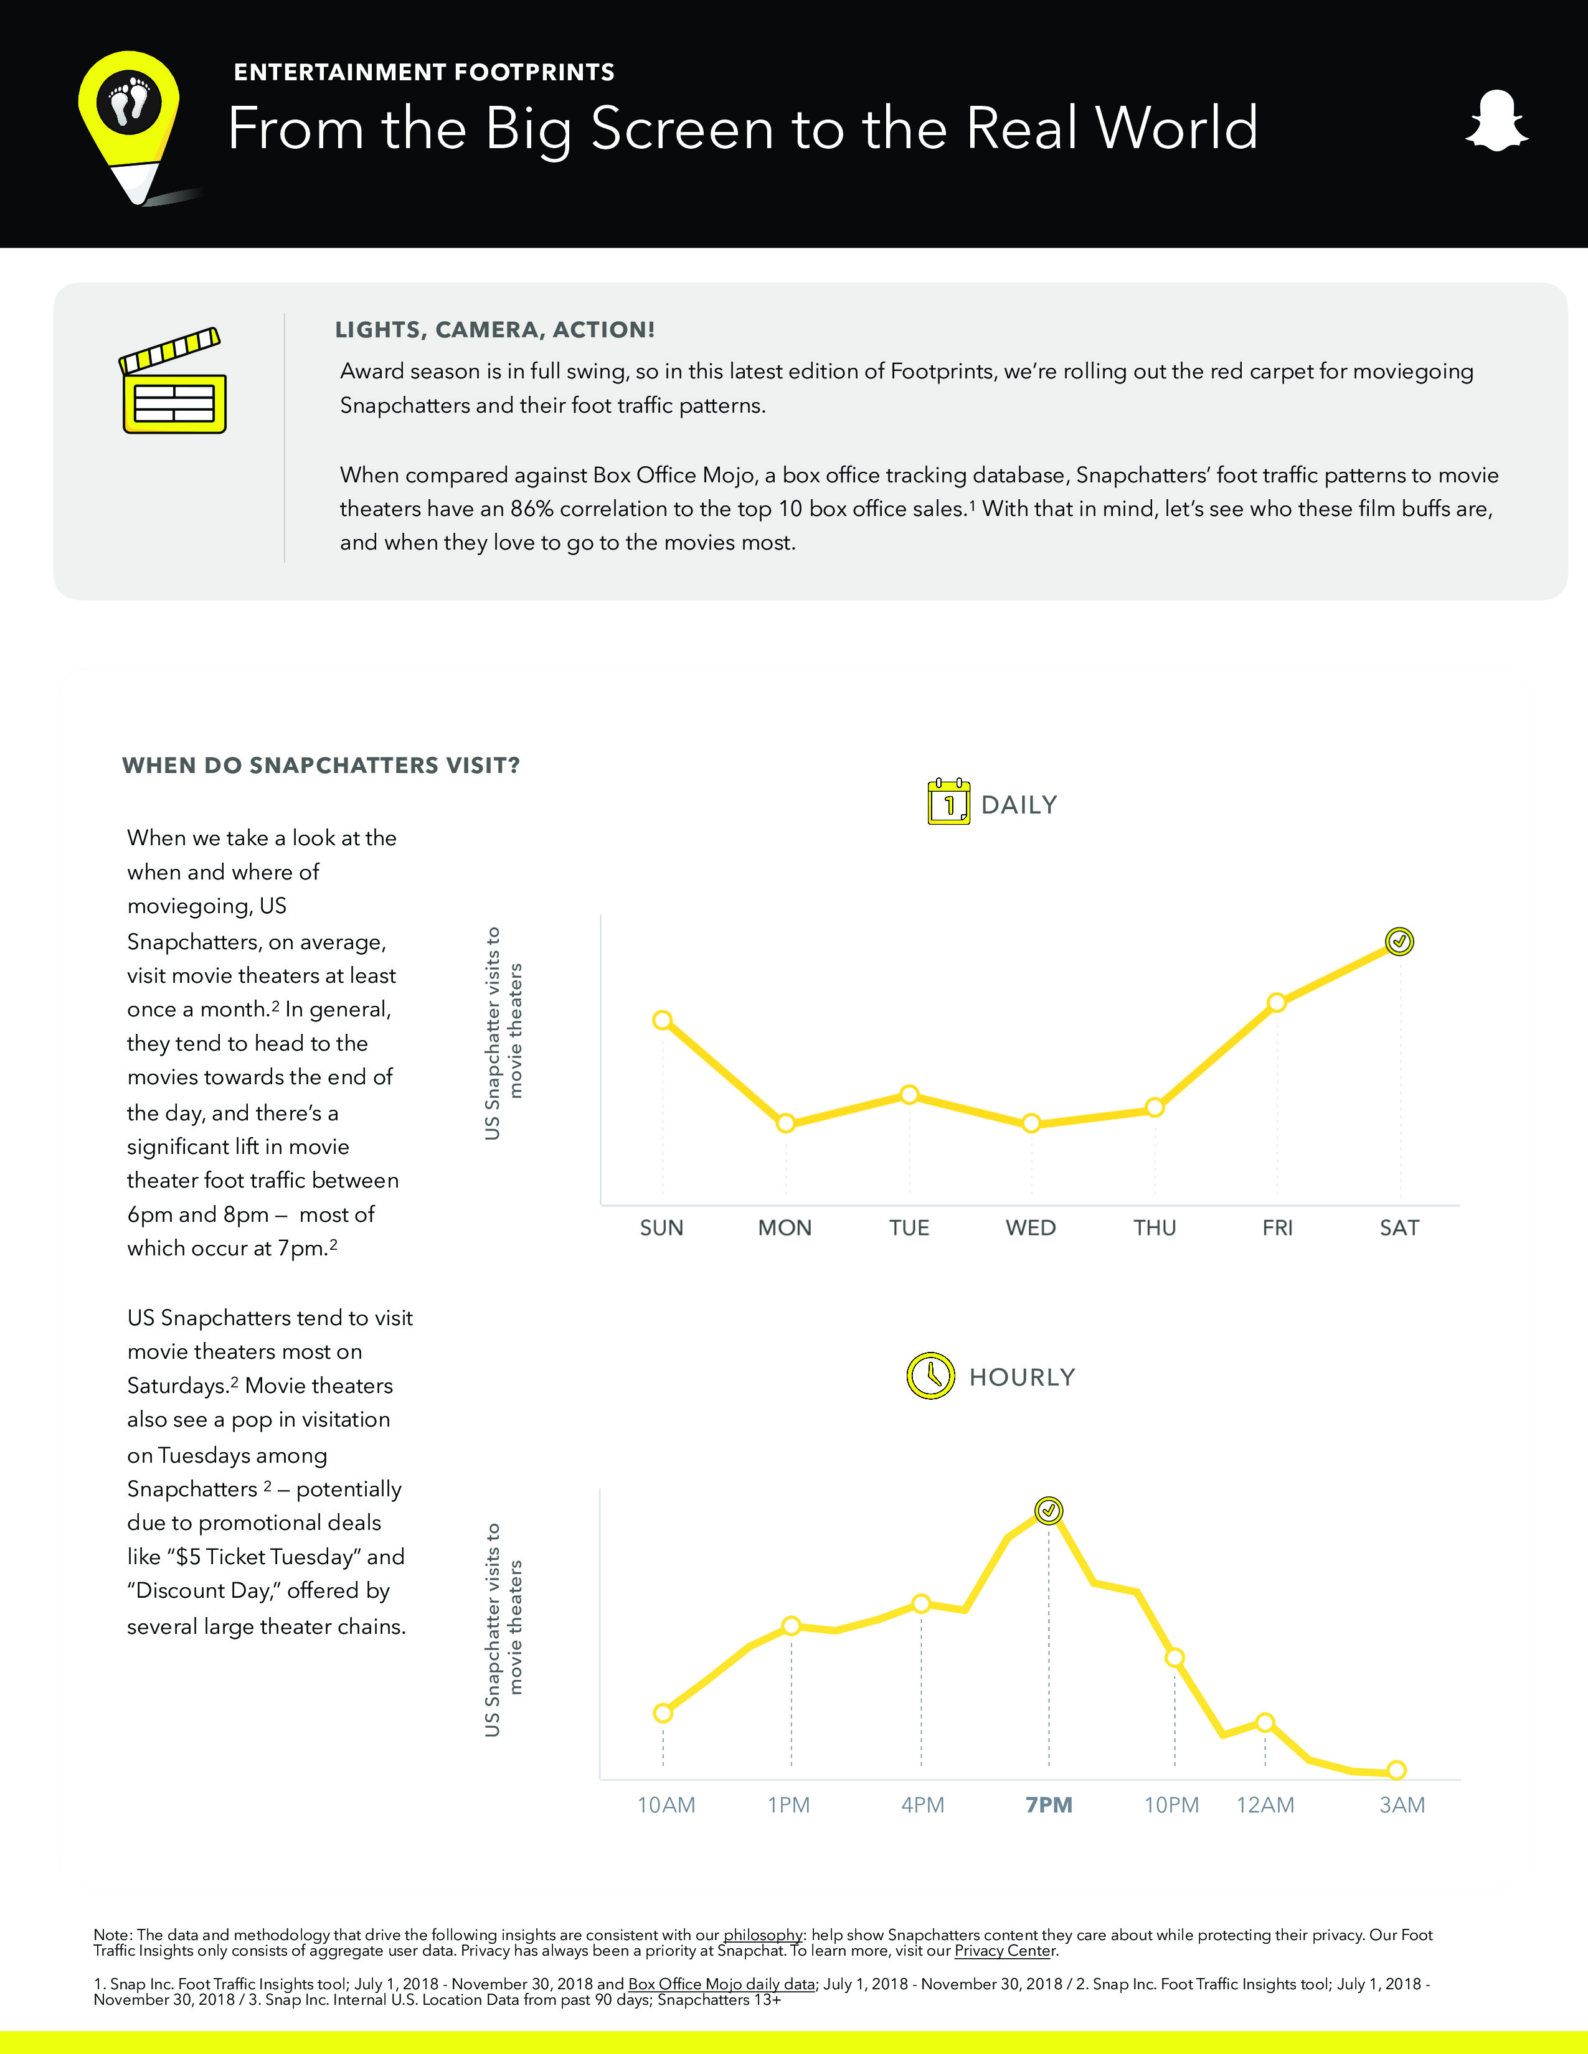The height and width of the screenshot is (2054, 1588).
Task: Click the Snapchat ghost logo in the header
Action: tap(1496, 121)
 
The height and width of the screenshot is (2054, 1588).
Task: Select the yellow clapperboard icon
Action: tap(174, 381)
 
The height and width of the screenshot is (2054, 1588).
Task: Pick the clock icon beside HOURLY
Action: tap(930, 1376)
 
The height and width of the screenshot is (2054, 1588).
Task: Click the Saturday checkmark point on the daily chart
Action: tap(1399, 941)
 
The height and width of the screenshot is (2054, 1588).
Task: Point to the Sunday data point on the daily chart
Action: tap(663, 1020)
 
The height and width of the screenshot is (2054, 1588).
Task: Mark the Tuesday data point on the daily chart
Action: tap(909, 1095)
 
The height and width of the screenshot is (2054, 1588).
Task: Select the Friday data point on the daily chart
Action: tap(1277, 1003)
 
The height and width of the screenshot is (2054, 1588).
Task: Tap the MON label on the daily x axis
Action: tap(785, 1227)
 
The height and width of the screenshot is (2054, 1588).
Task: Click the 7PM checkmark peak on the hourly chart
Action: tap(1048, 1511)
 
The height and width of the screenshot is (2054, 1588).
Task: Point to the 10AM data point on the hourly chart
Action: tap(663, 1713)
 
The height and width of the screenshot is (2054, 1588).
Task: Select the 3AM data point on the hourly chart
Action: tap(1397, 1770)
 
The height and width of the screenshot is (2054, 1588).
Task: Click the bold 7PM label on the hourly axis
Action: tap(1049, 1805)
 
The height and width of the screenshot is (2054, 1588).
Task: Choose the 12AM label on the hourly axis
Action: tap(1265, 1805)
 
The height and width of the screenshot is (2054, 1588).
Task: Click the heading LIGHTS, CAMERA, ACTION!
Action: tap(495, 330)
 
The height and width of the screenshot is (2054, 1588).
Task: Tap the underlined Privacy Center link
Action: tap(1004, 1951)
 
